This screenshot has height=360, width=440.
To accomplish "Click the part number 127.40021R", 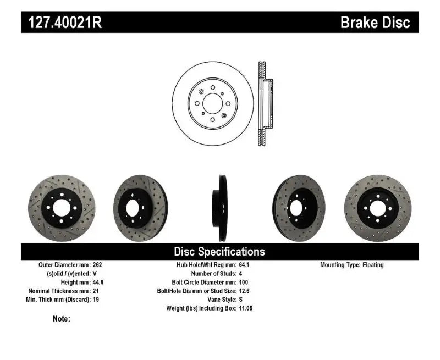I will (62, 23).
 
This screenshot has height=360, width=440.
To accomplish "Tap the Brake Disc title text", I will (375, 23).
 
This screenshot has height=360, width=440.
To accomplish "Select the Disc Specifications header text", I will (219, 252).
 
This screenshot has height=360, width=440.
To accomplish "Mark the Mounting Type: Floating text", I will (352, 265).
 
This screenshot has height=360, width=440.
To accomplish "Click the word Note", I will (61, 319).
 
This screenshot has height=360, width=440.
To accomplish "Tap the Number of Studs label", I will (213, 273).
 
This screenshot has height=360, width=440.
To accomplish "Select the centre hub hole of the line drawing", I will (213, 104).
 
